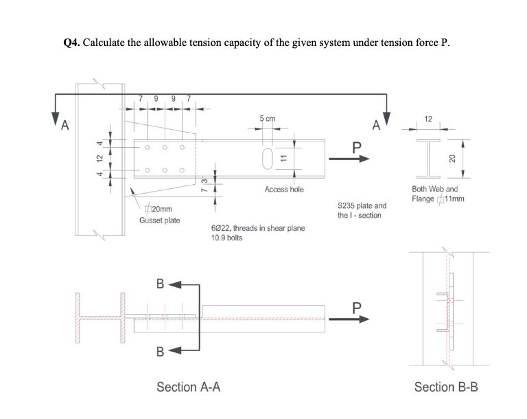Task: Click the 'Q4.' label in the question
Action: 71,43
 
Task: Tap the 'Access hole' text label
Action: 283,189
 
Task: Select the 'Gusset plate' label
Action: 159,220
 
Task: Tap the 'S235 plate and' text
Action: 362,205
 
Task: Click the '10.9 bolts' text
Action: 228,238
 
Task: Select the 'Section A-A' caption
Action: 189,387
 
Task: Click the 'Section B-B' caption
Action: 446,387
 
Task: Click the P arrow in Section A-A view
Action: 353,318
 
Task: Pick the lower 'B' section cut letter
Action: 160,353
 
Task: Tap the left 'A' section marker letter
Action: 65,125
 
